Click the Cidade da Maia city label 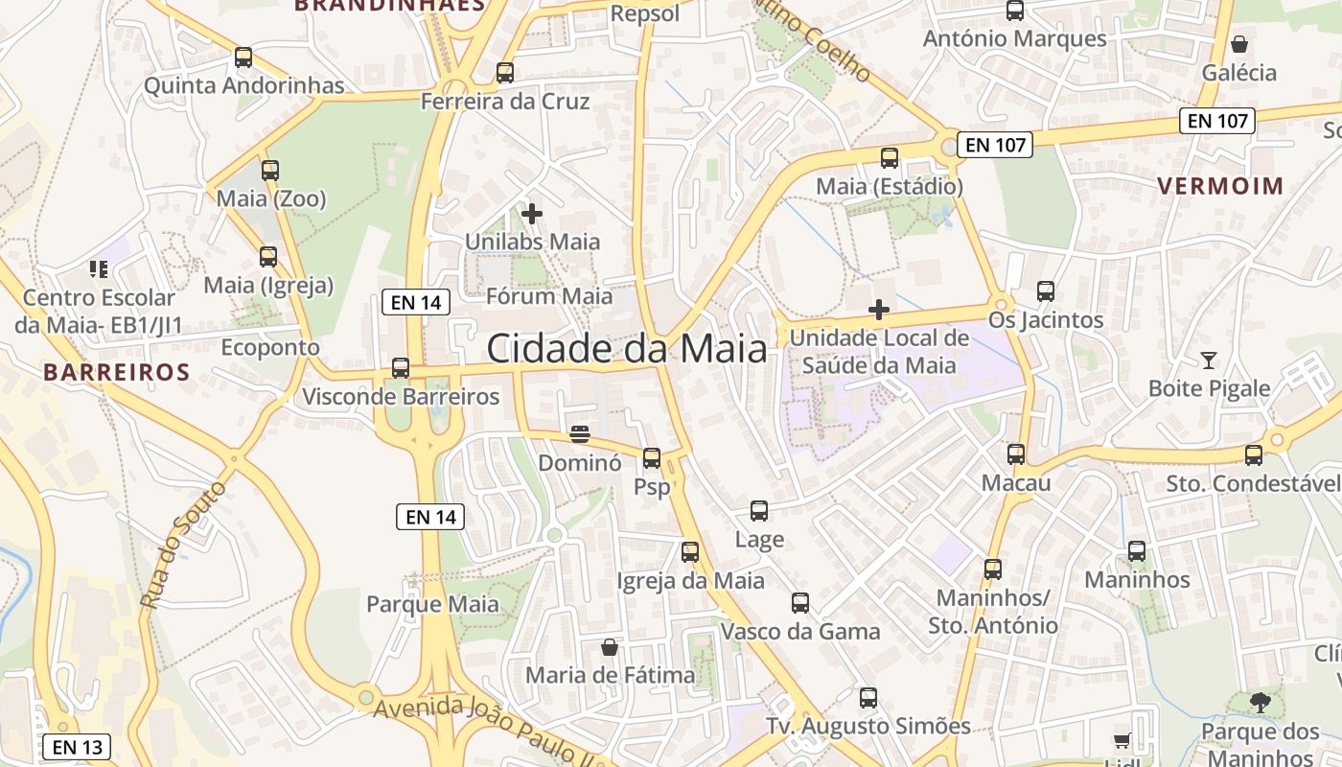[x=627, y=348]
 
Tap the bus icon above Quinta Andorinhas [x=243, y=58]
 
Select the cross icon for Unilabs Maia [x=532, y=213]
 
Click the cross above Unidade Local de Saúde [x=878, y=309]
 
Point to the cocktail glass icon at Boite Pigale [x=1209, y=360]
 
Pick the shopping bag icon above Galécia [x=1239, y=44]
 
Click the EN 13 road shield [x=77, y=747]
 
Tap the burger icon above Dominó [x=579, y=434]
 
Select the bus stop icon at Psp [x=652, y=458]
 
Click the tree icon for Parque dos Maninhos [x=1261, y=703]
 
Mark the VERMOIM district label [x=1220, y=186]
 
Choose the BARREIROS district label [x=117, y=372]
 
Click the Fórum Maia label [x=549, y=296]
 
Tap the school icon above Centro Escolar [x=99, y=269]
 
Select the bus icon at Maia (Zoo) [x=270, y=171]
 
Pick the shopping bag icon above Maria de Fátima [x=610, y=647]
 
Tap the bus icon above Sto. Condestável [x=1254, y=455]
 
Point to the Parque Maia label [x=432, y=604]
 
